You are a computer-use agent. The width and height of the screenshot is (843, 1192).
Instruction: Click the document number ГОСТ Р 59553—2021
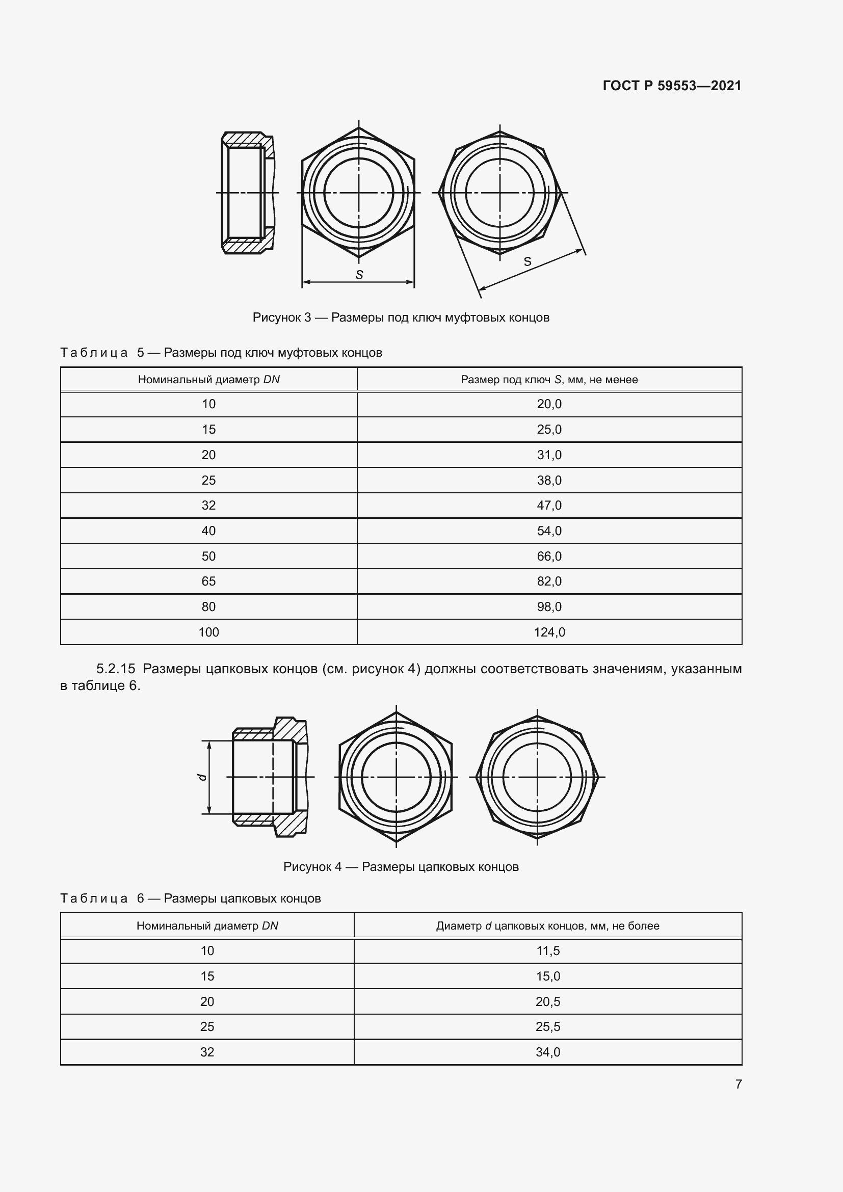pyautogui.click(x=672, y=86)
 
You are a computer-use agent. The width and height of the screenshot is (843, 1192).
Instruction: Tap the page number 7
pyautogui.click(x=738, y=1084)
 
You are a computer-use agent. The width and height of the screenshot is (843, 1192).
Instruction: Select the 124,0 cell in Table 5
pyautogui.click(x=549, y=632)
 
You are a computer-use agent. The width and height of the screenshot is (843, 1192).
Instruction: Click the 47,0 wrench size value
pyautogui.click(x=549, y=505)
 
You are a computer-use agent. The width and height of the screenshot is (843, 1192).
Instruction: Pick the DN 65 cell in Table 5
pyautogui.click(x=208, y=581)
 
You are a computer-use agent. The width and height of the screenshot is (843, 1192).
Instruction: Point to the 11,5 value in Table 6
pyautogui.click(x=547, y=950)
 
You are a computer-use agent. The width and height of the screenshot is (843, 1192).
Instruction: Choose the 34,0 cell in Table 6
pyautogui.click(x=547, y=1052)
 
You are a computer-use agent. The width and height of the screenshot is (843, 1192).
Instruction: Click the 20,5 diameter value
pyautogui.click(x=547, y=1001)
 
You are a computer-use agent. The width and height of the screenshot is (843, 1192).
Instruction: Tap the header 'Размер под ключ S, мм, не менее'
pyautogui.click(x=549, y=380)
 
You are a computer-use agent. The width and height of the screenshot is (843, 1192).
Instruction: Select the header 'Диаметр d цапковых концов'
pyautogui.click(x=547, y=925)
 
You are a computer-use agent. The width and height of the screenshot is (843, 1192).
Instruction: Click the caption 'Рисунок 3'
pyautogui.click(x=281, y=317)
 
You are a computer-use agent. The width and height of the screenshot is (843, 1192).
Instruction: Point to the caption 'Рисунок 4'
pyautogui.click(x=312, y=866)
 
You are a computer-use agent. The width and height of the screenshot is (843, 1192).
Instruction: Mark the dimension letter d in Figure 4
pyautogui.click(x=203, y=777)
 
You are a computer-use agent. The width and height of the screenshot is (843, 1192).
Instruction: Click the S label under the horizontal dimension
pyautogui.click(x=359, y=275)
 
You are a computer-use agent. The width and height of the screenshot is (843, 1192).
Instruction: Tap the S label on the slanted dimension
pyautogui.click(x=528, y=261)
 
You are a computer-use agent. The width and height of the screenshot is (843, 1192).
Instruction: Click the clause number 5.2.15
pyautogui.click(x=115, y=669)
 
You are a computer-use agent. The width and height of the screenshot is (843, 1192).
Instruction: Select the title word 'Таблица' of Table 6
pyautogui.click(x=94, y=898)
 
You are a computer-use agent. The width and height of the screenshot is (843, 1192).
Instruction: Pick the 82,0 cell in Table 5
pyautogui.click(x=549, y=581)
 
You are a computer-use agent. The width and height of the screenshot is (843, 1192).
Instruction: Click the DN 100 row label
pyautogui.click(x=208, y=632)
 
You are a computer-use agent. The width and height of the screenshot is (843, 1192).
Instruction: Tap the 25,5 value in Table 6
pyautogui.click(x=547, y=1026)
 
